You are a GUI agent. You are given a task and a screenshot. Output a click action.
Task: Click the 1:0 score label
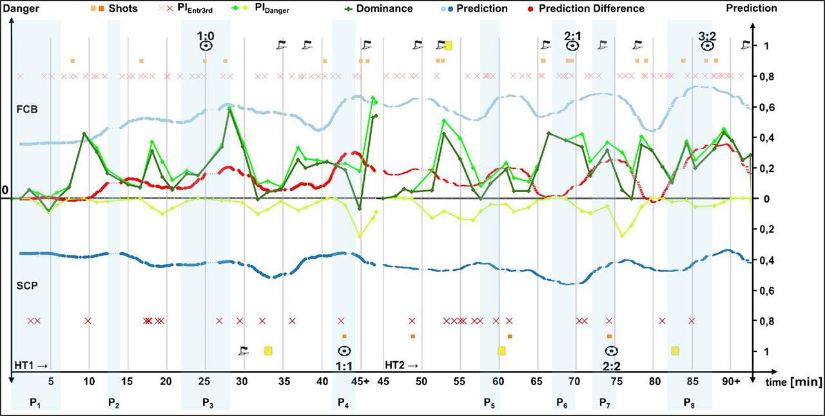coord(205,32)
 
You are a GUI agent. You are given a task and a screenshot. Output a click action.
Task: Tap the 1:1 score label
coord(344,365)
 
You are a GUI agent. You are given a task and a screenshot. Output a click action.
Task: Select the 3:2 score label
coord(707,32)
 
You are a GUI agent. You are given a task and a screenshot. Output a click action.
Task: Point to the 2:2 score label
coord(611,365)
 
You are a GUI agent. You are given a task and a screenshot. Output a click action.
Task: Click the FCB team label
coord(27,109)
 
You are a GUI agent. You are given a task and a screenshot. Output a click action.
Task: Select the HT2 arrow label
coord(402,365)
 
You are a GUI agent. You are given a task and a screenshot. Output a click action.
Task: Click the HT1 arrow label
coord(31,365)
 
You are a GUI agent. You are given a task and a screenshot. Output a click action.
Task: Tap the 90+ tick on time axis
coord(731,382)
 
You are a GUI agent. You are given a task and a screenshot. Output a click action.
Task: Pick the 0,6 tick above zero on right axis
coord(753,108)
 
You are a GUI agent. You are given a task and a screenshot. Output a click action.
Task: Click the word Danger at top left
coord(21,9)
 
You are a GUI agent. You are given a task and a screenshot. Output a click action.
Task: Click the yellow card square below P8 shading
coord(675,351)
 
